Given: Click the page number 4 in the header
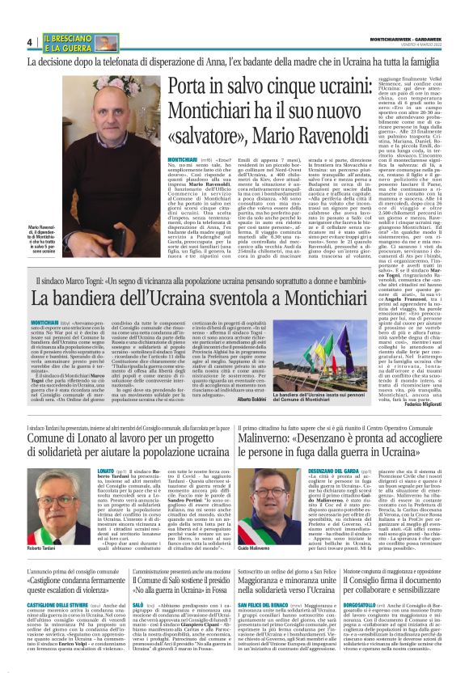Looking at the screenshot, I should [30, 42].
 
